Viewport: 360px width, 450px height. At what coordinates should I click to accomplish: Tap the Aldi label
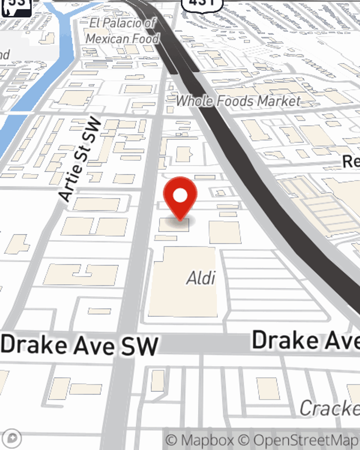(201, 278)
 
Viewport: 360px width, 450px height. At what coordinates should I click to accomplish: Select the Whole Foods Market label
(238, 101)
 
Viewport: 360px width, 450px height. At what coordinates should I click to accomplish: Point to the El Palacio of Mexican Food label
(122, 31)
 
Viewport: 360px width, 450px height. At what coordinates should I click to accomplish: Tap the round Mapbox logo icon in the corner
(12, 438)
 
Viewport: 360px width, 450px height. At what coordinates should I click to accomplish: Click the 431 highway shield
(202, 4)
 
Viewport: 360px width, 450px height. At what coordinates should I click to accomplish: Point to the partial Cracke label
(329, 408)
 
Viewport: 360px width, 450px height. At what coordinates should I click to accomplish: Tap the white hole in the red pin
(180, 195)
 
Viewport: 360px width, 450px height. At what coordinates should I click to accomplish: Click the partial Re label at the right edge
(351, 161)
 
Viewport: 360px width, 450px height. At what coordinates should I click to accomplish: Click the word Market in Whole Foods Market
(279, 101)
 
